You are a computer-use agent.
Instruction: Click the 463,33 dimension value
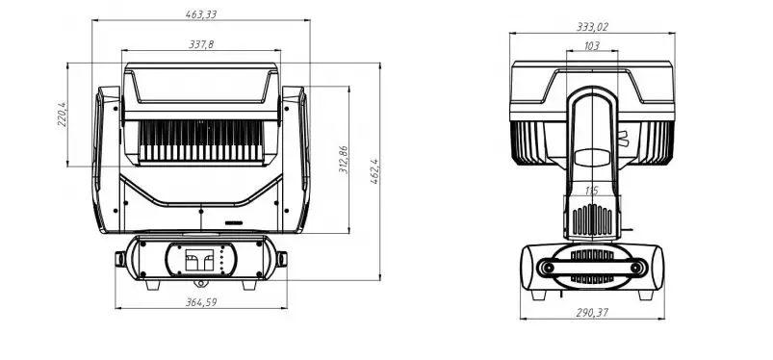click(x=201, y=14)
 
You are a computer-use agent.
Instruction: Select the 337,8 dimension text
click(x=201, y=44)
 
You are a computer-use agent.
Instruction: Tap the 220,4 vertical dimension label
click(x=62, y=115)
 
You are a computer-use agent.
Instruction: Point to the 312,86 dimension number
click(x=344, y=159)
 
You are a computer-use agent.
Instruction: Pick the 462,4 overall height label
click(x=374, y=171)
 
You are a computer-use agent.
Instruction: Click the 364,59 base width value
click(x=201, y=302)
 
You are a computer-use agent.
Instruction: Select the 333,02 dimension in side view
click(x=592, y=27)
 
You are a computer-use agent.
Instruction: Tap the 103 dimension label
click(x=592, y=46)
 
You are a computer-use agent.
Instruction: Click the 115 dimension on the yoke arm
click(x=592, y=191)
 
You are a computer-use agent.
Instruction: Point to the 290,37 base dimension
click(x=592, y=312)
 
